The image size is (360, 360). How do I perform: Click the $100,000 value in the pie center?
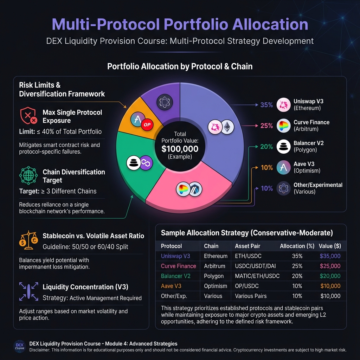(180, 148)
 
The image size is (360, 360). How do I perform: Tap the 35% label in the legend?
(266, 105)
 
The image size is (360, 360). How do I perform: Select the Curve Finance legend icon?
(283, 126)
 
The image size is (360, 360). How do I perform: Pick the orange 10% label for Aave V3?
(267, 168)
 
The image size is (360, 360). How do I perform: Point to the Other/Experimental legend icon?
(283, 188)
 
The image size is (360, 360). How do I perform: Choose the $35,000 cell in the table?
(329, 256)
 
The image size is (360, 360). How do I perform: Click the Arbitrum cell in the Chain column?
(215, 266)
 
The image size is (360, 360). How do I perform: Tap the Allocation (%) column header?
(297, 246)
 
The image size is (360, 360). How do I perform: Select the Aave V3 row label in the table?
(171, 286)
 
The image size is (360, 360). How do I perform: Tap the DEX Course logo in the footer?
(19, 346)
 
